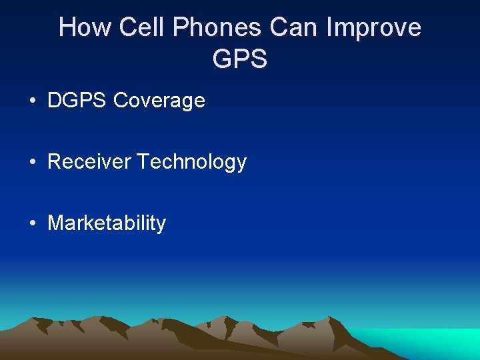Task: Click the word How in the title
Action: click(x=81, y=28)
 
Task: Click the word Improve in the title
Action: click(x=375, y=28)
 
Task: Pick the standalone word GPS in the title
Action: click(x=240, y=59)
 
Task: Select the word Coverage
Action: click(x=159, y=101)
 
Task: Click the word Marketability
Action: click(x=107, y=223)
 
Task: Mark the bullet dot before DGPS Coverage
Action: click(x=32, y=101)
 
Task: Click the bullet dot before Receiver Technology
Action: click(x=32, y=163)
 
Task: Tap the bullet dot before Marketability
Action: click(x=32, y=224)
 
